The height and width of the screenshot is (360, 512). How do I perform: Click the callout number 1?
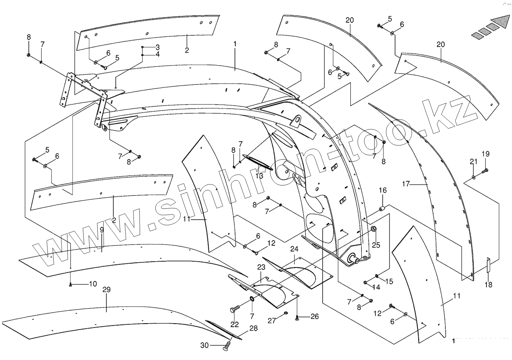[235, 43]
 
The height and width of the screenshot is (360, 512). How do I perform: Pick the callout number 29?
[106, 290]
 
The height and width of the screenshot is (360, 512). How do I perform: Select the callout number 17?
[406, 184]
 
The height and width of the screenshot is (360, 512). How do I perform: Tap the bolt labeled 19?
[485, 170]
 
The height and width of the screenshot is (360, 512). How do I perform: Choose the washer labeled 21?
[473, 177]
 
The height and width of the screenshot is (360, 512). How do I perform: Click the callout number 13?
[259, 176]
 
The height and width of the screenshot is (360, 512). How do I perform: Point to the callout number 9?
[102, 230]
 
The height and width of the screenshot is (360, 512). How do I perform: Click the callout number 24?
[294, 249]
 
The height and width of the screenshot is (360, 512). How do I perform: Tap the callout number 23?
[261, 267]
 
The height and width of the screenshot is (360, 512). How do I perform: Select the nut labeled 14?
[366, 282]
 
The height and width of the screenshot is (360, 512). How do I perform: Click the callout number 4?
[158, 54]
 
